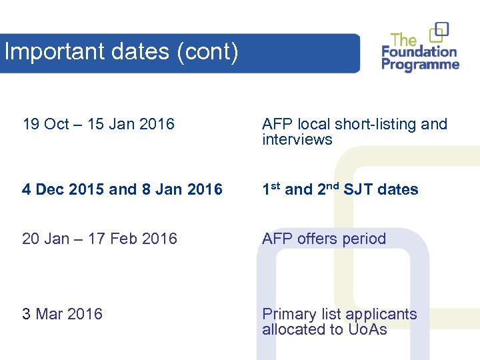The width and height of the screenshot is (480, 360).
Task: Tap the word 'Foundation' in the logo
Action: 419,51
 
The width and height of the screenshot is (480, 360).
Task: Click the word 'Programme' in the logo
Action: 420,65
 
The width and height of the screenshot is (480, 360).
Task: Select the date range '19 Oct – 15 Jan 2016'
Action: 98,124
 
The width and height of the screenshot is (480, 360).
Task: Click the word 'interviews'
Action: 297,139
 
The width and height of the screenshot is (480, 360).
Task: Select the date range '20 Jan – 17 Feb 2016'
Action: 99,239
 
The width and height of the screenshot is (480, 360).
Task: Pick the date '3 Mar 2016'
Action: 62,314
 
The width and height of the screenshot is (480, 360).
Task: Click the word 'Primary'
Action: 289,315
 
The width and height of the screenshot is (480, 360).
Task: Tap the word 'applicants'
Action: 382,315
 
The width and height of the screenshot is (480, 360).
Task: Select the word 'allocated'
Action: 292,329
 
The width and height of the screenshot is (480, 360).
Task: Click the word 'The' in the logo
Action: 404,39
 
